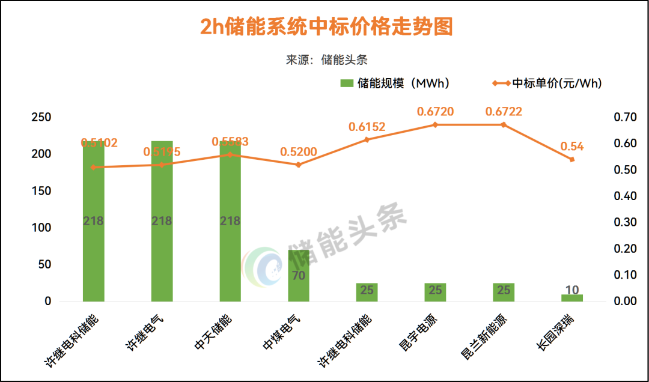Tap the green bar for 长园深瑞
(572, 298)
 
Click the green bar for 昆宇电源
(435, 292)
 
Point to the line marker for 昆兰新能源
(504, 124)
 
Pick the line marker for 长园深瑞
(572, 159)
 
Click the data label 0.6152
(367, 127)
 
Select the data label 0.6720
(435, 111)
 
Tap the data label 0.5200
(299, 151)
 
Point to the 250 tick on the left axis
(41, 117)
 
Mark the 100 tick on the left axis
(41, 228)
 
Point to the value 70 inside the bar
(299, 276)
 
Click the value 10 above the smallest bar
(572, 290)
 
